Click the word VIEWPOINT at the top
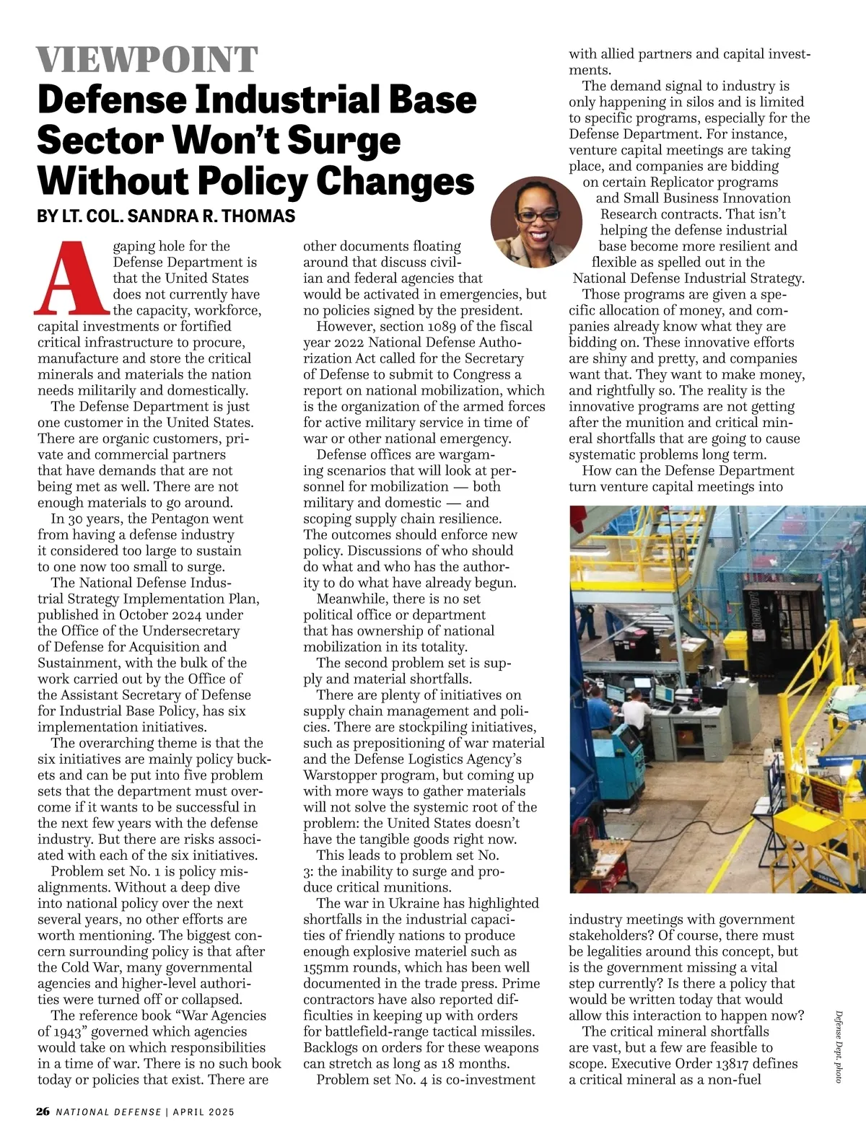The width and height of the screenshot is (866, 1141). (147, 59)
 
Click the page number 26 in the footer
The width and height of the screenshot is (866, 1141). (43, 1111)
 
